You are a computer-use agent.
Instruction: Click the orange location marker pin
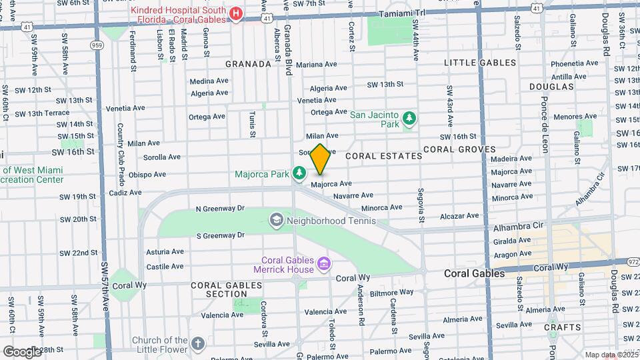pos(320,159)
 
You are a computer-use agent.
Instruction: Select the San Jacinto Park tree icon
pos(409,120)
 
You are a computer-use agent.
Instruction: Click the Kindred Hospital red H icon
pos(235,15)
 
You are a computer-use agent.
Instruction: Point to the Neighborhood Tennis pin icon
pos(276,220)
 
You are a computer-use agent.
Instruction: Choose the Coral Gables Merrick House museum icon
pos(324,265)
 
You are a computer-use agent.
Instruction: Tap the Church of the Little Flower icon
pos(197,344)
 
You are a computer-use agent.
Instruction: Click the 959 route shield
pos(98,45)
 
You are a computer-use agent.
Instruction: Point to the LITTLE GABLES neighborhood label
pos(480,63)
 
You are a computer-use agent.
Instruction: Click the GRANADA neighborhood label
pos(248,64)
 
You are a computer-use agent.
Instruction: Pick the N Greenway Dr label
pos(219,208)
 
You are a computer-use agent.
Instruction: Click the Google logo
pos(21,351)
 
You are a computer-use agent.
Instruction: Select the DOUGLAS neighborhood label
pos(551,87)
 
